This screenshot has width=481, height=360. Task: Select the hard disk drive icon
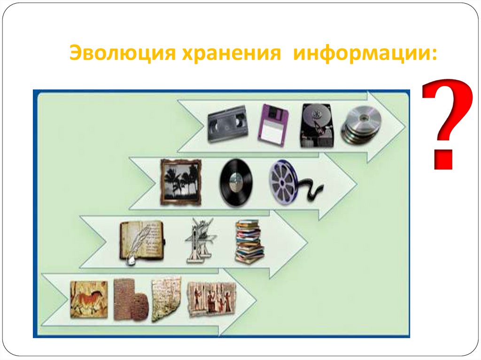(318, 125)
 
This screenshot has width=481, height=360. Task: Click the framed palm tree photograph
(180, 182)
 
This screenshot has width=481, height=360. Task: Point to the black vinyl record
(236, 182)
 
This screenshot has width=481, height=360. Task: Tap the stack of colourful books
(248, 240)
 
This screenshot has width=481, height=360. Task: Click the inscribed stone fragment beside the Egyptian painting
(166, 299)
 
